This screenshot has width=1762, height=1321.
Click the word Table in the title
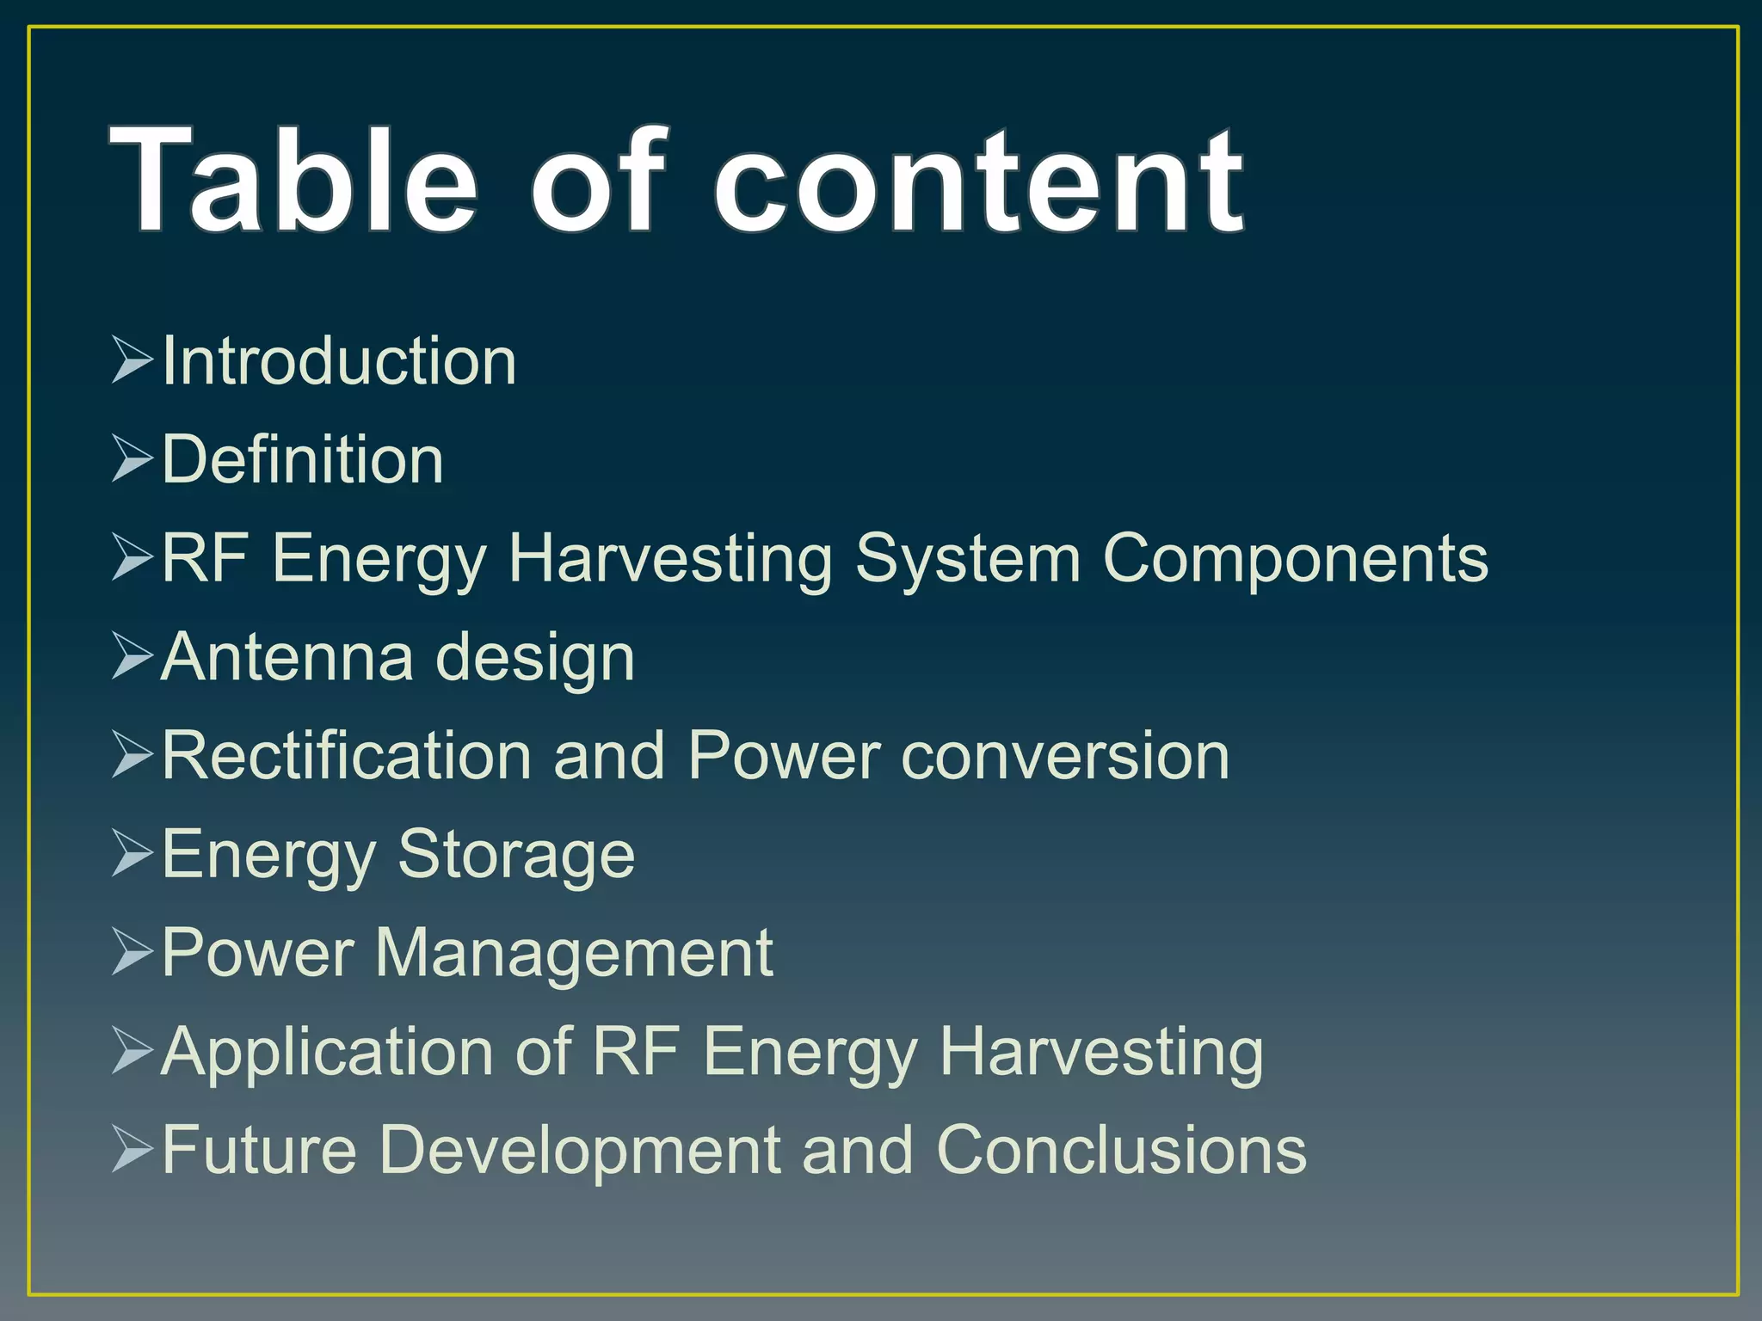293,181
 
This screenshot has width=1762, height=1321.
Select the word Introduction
339,361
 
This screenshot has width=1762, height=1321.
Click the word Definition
303,460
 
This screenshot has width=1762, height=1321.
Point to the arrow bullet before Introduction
132,360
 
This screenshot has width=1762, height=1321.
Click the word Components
1295,559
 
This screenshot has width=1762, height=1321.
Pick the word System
968,559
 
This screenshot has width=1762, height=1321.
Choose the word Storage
516,855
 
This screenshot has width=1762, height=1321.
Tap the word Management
574,954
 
